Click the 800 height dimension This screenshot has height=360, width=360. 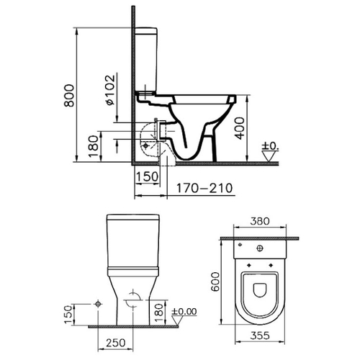(70, 95)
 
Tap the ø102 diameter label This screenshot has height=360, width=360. (110, 90)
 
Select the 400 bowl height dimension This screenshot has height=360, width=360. (240, 128)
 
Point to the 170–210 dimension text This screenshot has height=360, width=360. (204, 188)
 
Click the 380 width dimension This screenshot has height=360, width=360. (260, 221)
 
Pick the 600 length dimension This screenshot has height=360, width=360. (215, 282)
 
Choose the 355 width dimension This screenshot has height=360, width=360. (260, 336)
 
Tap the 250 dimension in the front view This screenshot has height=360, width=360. (115, 343)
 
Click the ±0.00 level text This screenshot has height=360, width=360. (184, 312)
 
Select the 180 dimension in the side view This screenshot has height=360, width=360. (94, 146)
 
